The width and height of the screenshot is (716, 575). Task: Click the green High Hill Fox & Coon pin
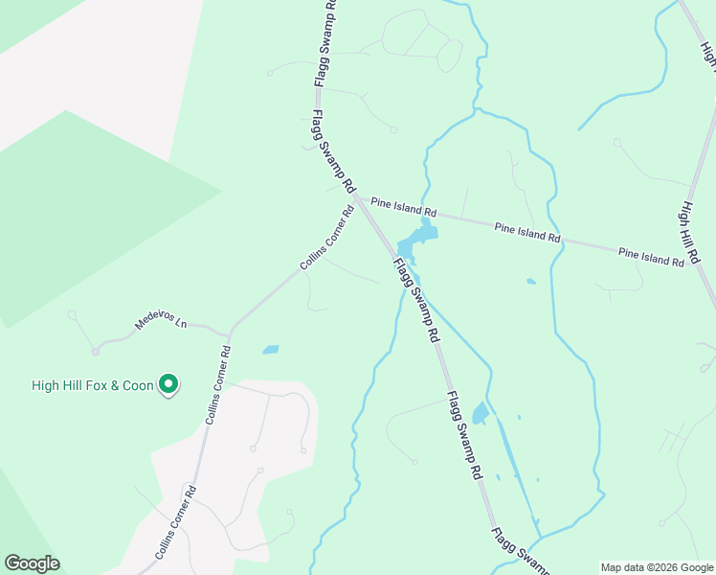(x=168, y=385)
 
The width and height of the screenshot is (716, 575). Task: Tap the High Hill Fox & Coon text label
(x=92, y=386)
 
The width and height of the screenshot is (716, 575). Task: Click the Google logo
(x=32, y=563)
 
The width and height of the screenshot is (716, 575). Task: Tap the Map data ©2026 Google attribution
(x=656, y=567)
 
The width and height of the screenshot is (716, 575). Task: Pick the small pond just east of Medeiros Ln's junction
(x=271, y=350)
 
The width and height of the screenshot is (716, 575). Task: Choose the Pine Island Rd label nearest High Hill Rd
(x=651, y=256)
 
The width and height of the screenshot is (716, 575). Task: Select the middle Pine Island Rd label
(x=526, y=232)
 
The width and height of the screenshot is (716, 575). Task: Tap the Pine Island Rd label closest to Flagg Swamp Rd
(x=404, y=206)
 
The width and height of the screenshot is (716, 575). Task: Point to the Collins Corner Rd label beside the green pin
(x=218, y=385)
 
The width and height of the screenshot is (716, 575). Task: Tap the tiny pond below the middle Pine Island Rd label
(x=530, y=282)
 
